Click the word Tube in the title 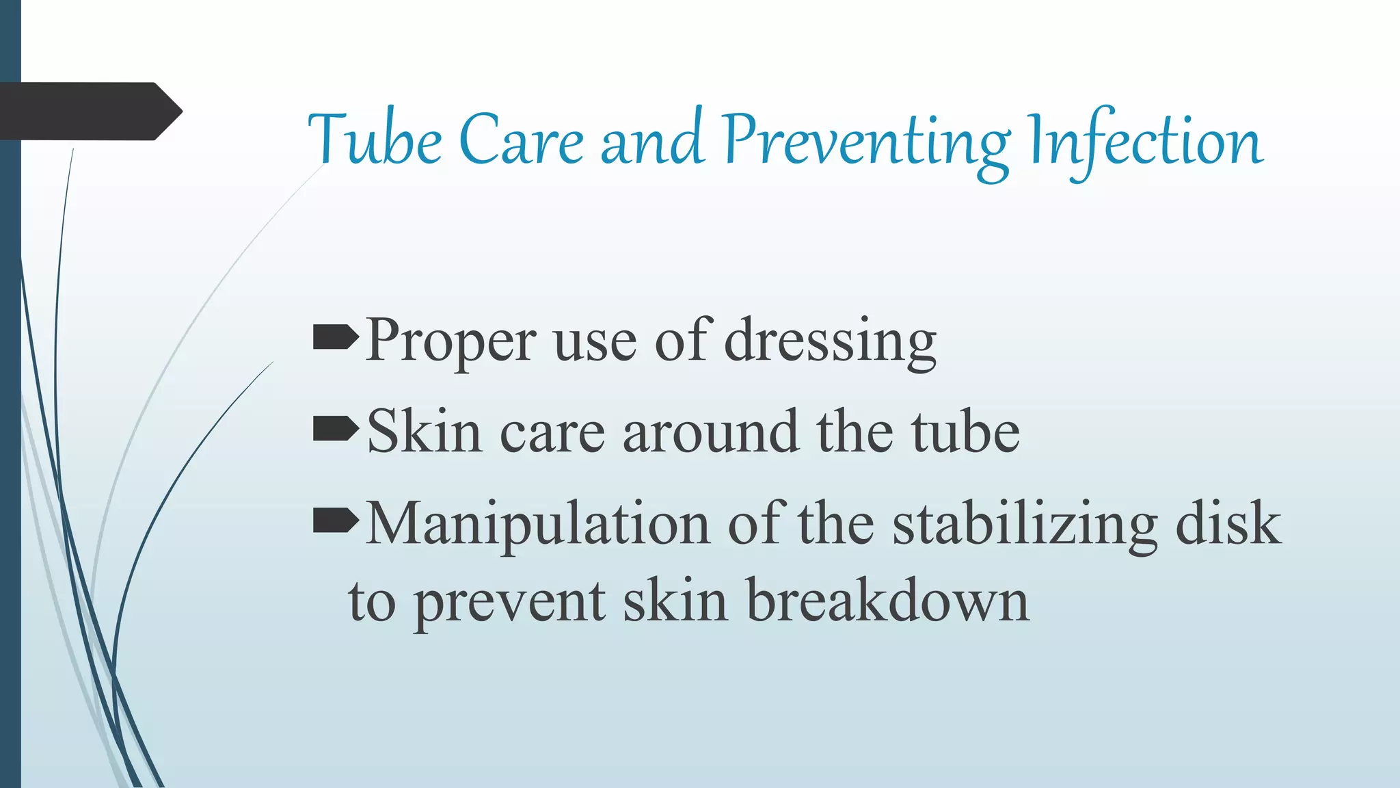375,140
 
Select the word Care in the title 522,140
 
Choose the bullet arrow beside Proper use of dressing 335,337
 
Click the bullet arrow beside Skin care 335,429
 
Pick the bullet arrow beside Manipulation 335,521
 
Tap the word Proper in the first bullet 451,341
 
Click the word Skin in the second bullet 424,432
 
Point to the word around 710,433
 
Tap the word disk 1228,523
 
